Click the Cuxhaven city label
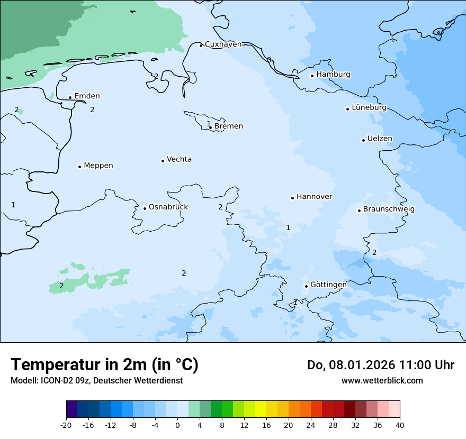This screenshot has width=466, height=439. coord(223,44)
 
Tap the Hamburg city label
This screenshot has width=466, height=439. coord(333,75)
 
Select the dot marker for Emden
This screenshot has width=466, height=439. coord(70,97)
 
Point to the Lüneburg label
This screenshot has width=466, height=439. coord(369,108)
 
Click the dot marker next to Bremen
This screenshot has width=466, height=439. coord(210,127)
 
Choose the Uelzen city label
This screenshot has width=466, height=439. coord(380,139)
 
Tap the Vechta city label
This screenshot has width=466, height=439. coord(179,160)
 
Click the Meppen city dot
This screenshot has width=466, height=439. coord(79,167)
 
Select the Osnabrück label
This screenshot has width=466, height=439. coord(168,207)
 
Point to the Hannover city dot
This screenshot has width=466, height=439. coord(292,198)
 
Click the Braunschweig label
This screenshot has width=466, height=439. coord(389,209)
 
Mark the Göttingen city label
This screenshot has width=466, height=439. coord(328,285)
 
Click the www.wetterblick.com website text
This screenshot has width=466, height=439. coord(382,380)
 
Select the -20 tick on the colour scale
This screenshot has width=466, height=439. coord(66,425)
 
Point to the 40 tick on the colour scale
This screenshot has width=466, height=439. coord(400,425)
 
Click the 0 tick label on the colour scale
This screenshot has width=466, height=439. coord(177,425)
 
